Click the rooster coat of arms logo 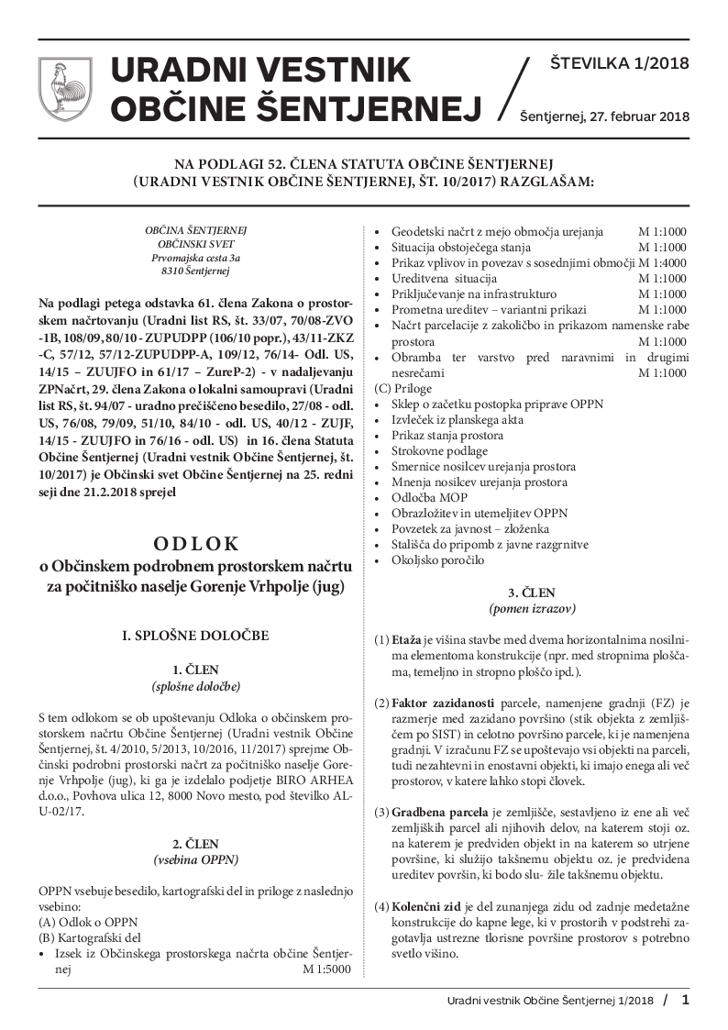pos(63,88)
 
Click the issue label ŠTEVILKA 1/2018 pos(619,64)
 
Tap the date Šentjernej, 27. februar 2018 pos(604,116)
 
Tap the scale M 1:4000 pos(662,262)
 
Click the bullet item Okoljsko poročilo pos(437,559)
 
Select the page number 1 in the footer pos(685,1001)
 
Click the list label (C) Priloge pos(403,388)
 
